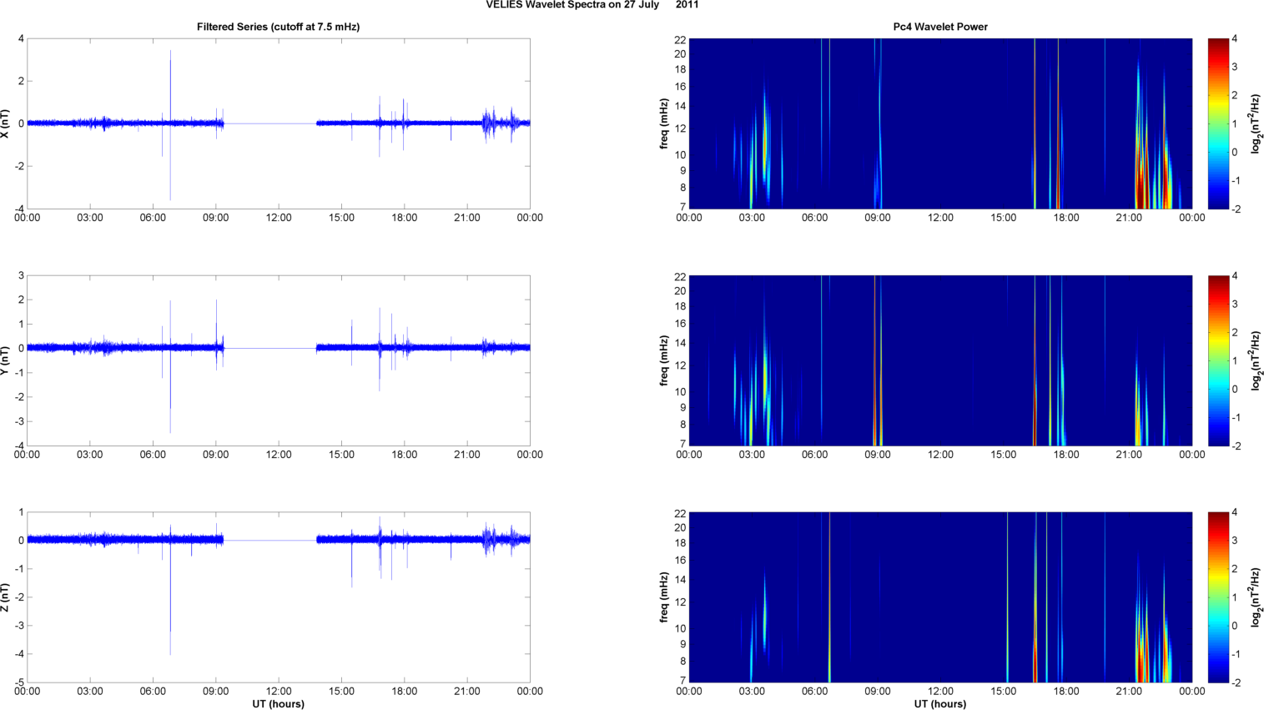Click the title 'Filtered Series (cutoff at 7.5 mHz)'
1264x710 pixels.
coord(278,27)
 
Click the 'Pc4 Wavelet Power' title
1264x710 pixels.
coord(940,27)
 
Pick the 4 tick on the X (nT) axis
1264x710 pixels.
coord(21,38)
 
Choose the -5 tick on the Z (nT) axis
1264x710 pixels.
coord(19,682)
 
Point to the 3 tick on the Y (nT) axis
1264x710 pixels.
coord(21,275)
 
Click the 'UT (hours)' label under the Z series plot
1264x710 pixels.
coord(278,704)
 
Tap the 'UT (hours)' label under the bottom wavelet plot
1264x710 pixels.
coord(940,704)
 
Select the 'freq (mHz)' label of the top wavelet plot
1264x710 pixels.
coord(664,123)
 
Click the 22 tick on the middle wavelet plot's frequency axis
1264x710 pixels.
coord(680,276)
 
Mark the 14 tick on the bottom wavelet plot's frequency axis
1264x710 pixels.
coord(680,580)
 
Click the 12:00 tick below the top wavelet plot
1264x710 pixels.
coord(940,218)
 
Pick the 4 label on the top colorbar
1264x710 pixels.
coord(1234,39)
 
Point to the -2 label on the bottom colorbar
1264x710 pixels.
coord(1236,682)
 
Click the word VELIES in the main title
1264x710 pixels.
coord(504,5)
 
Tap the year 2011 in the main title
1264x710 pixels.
coord(687,5)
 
